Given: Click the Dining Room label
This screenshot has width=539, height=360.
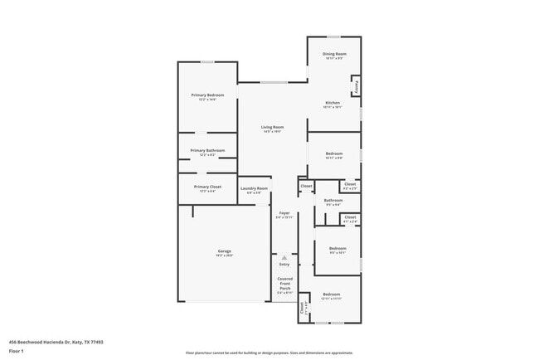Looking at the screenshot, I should (x=334, y=54).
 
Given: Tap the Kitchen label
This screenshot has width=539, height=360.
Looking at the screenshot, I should (x=332, y=103).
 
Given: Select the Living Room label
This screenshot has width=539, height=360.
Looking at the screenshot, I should (x=272, y=127).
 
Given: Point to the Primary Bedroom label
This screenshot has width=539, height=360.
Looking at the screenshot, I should (x=207, y=95).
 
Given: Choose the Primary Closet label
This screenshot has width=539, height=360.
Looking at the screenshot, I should (x=207, y=187).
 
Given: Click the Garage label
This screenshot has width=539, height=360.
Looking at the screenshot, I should (x=224, y=251).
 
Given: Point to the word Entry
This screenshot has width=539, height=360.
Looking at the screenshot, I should (x=284, y=265).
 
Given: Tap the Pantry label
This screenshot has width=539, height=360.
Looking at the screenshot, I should (x=356, y=86).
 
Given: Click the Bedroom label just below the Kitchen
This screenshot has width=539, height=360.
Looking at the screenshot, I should (x=334, y=154).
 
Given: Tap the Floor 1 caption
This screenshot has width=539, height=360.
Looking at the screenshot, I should (x=17, y=351).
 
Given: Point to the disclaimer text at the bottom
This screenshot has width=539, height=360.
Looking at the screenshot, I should (x=269, y=353).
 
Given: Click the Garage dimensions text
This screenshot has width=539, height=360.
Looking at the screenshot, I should (x=224, y=255).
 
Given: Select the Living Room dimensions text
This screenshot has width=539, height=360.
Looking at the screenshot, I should (x=272, y=132).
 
